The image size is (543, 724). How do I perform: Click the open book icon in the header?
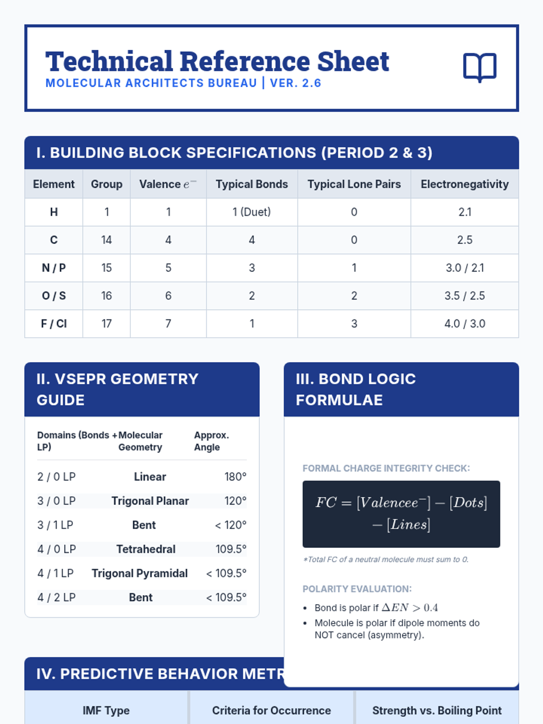480,67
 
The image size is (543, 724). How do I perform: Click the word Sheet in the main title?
353,62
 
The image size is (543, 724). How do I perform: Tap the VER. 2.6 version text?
295,83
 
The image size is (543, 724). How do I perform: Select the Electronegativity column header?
464,184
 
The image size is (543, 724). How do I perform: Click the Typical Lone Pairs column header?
354,184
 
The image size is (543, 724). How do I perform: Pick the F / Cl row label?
54,324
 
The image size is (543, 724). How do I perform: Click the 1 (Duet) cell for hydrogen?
252,212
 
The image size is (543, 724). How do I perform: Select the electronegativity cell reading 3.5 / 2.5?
464,295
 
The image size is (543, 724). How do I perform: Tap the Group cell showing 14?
106,240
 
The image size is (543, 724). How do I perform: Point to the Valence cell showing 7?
168,324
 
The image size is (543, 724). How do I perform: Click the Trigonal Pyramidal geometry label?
139,573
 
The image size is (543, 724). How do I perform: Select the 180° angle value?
235,476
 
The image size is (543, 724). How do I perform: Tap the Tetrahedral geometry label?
146,549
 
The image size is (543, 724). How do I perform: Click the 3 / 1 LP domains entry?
55,525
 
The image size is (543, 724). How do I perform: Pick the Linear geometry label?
150,476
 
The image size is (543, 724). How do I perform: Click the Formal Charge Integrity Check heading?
386,468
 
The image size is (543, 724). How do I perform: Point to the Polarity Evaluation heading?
357,589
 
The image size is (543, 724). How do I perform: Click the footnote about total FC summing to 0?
386,559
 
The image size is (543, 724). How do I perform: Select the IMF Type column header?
106,710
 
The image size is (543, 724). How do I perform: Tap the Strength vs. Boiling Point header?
437,710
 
